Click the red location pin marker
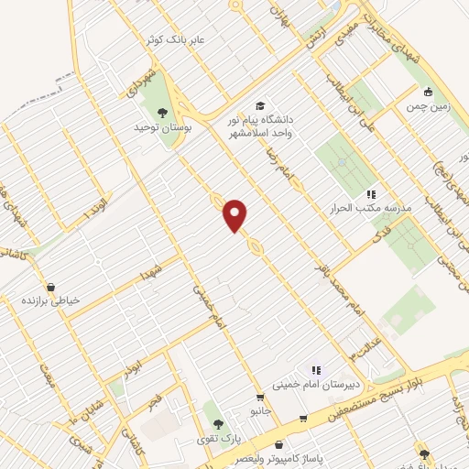[235, 215]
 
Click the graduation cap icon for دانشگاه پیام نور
[260, 106]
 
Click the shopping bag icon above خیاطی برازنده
[50, 286]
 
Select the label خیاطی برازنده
[51, 300]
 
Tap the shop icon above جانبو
[261, 398]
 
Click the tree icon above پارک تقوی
[218, 424]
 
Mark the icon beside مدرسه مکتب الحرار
[371, 194]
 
